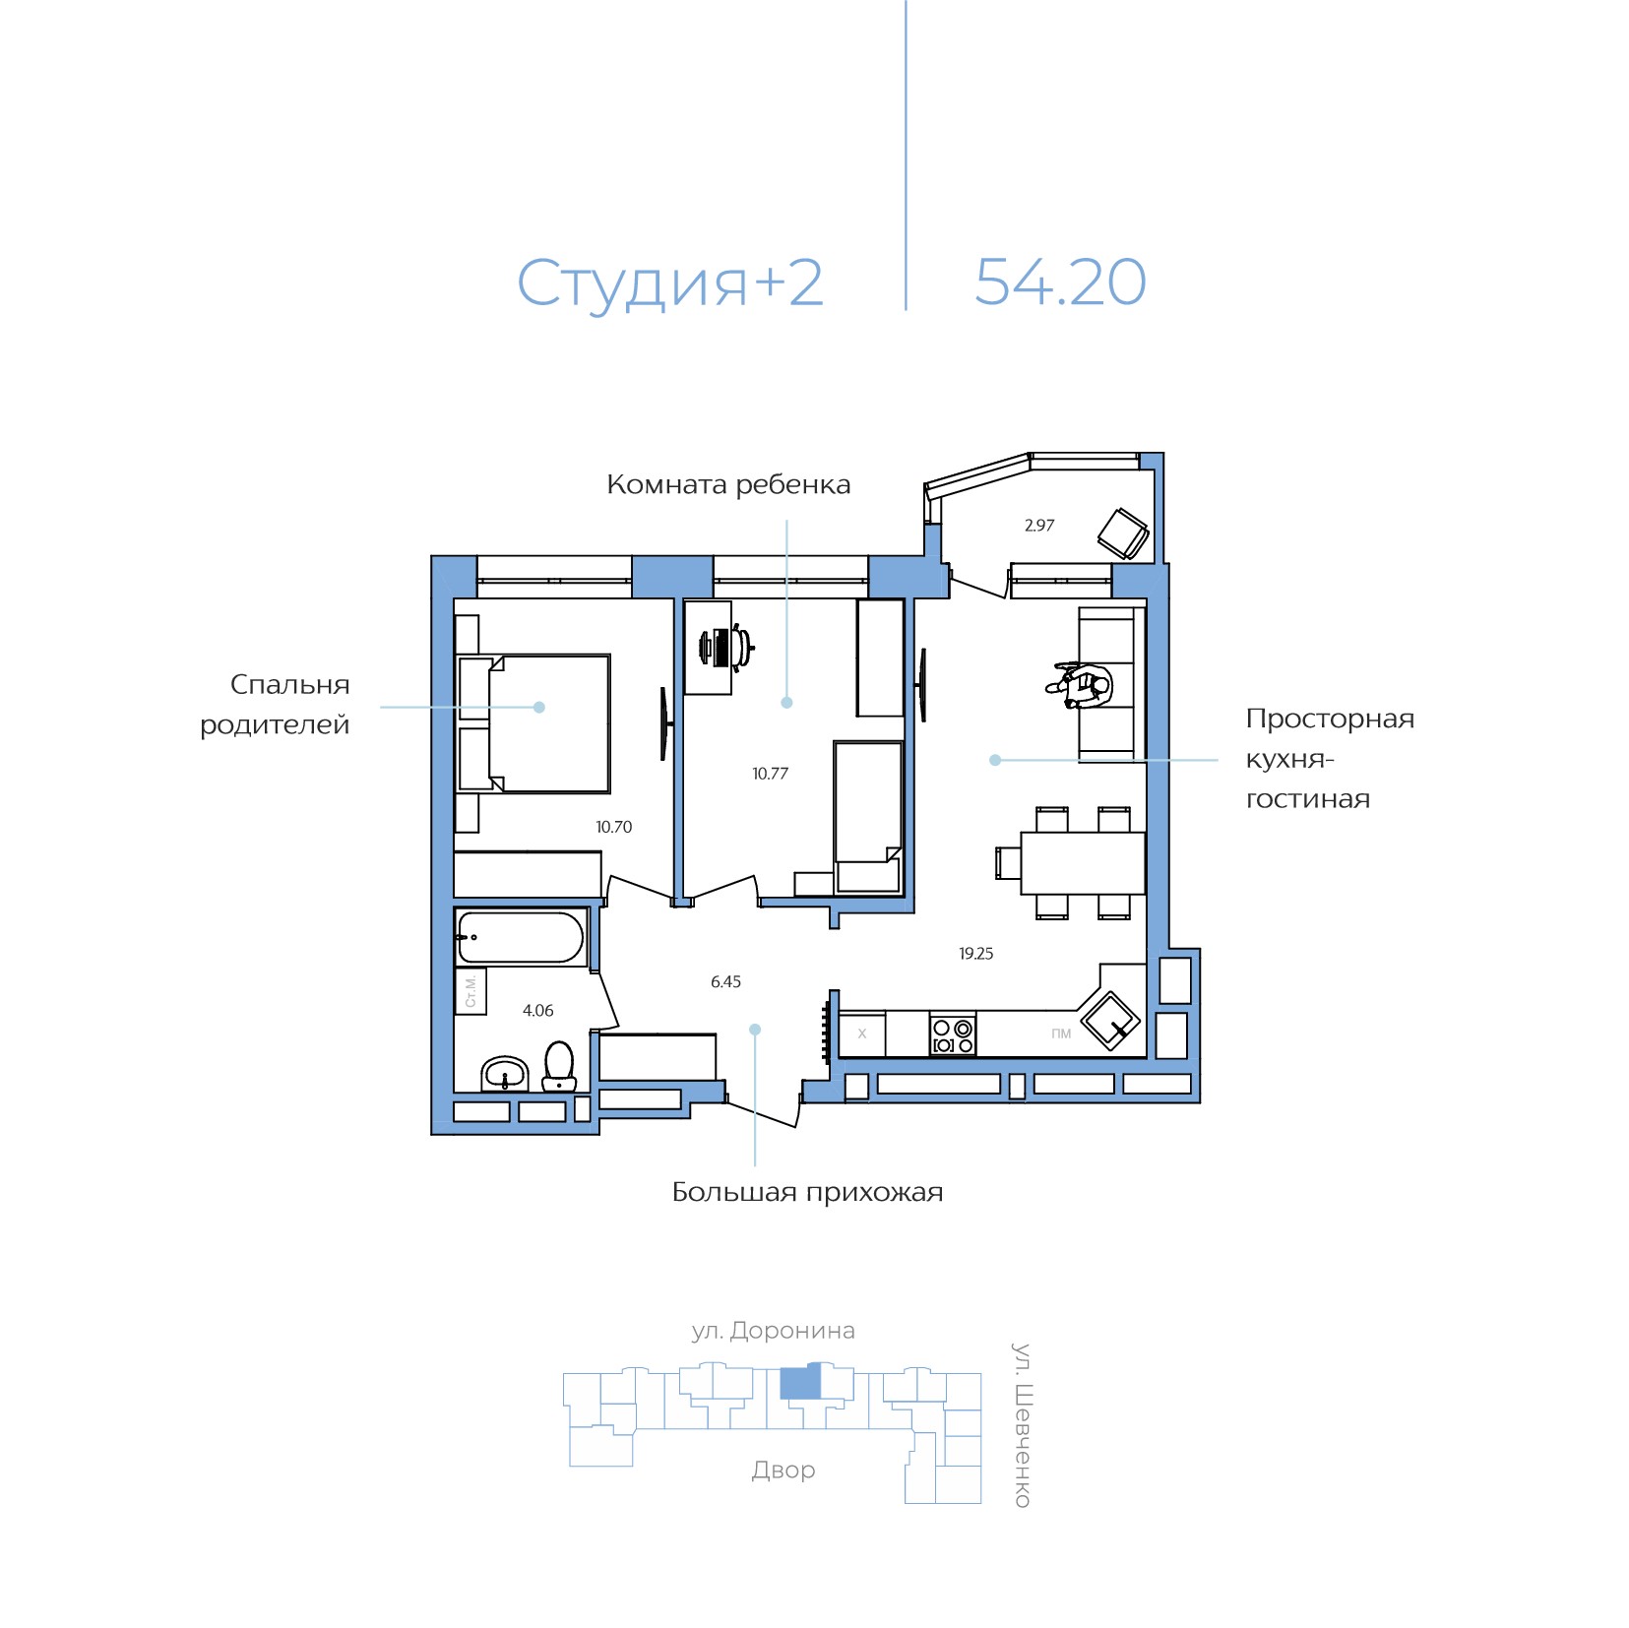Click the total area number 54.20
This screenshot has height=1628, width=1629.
1060,282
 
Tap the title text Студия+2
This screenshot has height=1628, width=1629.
669,283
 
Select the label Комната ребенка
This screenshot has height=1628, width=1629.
728,484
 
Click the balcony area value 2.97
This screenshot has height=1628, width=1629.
1038,526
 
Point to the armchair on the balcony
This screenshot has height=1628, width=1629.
1123,533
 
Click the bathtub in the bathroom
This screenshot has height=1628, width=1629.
521,937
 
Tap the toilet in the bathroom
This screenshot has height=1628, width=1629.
559,1066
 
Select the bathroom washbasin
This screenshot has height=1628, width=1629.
505,1074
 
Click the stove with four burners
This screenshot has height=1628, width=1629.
953,1034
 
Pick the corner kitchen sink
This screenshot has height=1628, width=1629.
1110,1021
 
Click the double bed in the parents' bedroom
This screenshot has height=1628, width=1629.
534,723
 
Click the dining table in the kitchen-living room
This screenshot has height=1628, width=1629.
1083,863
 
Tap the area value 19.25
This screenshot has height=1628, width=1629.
975,954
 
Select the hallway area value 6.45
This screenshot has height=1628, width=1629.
725,981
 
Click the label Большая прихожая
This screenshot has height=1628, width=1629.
807,1193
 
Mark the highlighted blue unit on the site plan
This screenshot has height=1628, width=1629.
800,1382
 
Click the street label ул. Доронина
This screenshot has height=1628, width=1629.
773,1331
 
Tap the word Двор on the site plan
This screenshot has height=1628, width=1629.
783,1471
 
